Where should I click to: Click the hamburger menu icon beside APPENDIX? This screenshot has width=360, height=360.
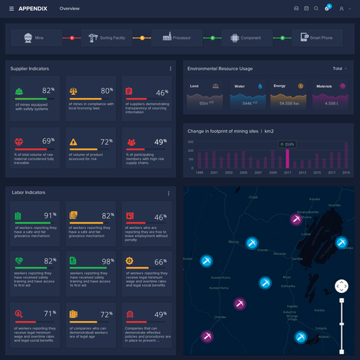coord(11,9)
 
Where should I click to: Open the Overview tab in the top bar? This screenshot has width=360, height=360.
coord(70,9)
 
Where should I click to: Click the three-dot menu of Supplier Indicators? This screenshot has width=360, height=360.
coord(171,68)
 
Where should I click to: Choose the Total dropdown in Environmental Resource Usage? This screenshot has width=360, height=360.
coord(339,68)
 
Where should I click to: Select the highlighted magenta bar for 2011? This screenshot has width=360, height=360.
coord(287,158)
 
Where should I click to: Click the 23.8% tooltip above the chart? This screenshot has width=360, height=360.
coord(287,144)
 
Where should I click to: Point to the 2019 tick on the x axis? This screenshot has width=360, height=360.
coord(346,173)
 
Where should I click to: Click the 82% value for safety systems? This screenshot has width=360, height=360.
coord(48,91)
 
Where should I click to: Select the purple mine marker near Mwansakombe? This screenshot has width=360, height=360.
coord(295,220)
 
